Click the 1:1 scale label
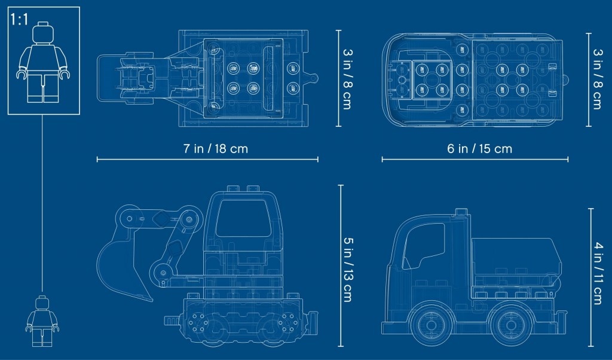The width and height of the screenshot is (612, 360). tap(20, 19)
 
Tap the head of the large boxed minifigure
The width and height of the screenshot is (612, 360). tap(43, 33)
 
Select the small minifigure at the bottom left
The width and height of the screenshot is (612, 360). tap(42, 321)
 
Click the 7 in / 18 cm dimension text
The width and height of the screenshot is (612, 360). tap(216, 149)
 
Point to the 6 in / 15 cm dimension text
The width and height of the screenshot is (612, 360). tap(480, 149)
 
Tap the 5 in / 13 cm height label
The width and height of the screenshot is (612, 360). tap(347, 270)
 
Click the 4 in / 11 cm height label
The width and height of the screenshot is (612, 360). tap(598, 273)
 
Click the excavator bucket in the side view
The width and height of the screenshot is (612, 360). tap(121, 266)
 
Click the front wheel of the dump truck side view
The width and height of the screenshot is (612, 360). tap(431, 325)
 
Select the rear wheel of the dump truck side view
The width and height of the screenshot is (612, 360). tap(511, 325)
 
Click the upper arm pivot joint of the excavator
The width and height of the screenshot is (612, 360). tap(189, 219)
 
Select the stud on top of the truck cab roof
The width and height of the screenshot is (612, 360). tap(461, 212)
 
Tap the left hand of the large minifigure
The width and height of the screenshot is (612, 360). tap(22, 74)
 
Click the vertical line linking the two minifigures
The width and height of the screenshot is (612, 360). tap(42, 203)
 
